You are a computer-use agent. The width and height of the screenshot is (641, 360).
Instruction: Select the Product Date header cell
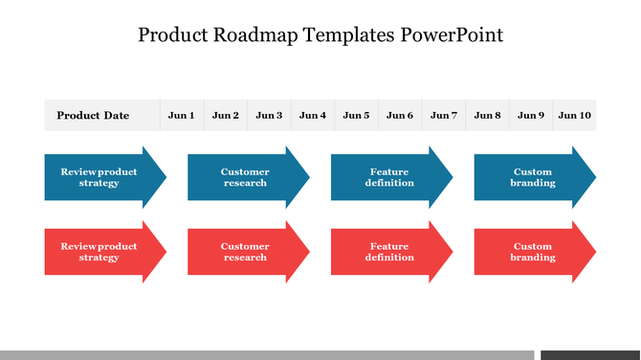pyautogui.click(x=93, y=116)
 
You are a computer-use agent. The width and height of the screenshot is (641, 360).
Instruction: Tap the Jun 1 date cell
pyautogui.click(x=181, y=116)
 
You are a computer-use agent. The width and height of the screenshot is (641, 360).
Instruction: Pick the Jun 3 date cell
pyautogui.click(x=269, y=116)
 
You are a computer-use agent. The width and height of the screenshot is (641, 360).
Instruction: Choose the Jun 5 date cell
pyautogui.click(x=356, y=116)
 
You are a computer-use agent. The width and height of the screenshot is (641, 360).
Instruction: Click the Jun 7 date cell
pyautogui.click(x=444, y=116)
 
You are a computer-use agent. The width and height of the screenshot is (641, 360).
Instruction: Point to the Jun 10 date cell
pyautogui.click(x=575, y=116)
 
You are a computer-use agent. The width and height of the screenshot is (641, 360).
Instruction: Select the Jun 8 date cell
pyautogui.click(x=487, y=116)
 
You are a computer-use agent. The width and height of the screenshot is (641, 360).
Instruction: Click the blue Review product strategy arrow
pyautogui.click(x=100, y=177)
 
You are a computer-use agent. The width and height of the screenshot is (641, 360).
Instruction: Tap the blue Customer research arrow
pyautogui.click(x=245, y=177)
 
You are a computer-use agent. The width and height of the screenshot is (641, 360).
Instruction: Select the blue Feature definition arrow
pyautogui.click(x=388, y=177)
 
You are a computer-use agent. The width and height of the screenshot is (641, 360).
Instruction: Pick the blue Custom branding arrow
pyautogui.click(x=532, y=177)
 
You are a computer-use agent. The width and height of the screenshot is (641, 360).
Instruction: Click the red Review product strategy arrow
pyautogui.click(x=100, y=252)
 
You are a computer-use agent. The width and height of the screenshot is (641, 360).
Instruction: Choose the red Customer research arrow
pyautogui.click(x=245, y=252)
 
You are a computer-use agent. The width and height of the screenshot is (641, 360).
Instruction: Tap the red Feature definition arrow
pyautogui.click(x=388, y=252)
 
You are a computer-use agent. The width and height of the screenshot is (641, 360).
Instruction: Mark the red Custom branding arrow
pyautogui.click(x=532, y=252)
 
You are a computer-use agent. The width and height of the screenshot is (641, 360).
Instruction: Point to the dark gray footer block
pyautogui.click(x=589, y=354)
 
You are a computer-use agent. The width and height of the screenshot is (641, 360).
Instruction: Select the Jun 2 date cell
pyautogui.click(x=226, y=116)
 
